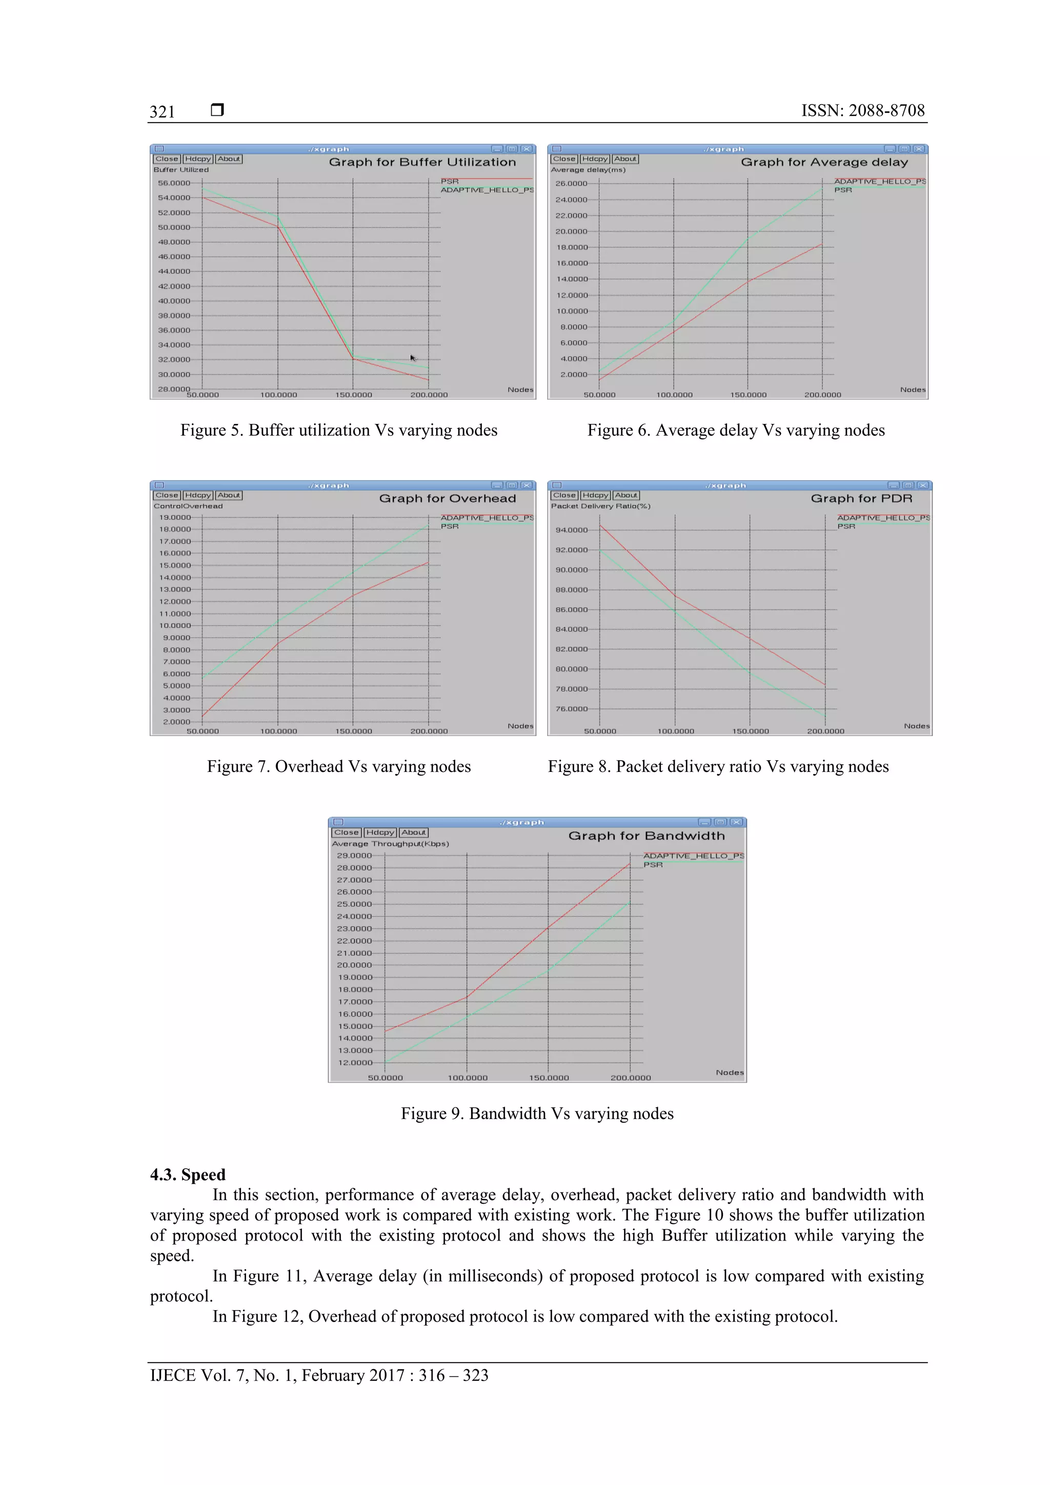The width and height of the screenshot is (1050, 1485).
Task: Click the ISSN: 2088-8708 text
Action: (x=862, y=111)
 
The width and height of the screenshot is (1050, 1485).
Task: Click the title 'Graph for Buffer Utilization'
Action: (x=422, y=162)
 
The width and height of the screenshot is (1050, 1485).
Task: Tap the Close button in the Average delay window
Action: (x=563, y=159)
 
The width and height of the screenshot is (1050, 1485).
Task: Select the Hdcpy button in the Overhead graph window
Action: (x=198, y=496)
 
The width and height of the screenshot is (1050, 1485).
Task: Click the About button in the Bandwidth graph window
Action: (x=413, y=833)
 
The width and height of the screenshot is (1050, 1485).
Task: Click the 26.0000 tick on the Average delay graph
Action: (x=571, y=184)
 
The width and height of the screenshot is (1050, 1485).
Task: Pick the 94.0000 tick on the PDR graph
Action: (x=572, y=531)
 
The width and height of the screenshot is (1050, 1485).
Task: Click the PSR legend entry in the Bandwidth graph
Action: (x=653, y=865)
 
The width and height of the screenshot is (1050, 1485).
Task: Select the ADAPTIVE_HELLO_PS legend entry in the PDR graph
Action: (x=883, y=518)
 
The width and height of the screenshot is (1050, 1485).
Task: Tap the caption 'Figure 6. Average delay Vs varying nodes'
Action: (x=736, y=431)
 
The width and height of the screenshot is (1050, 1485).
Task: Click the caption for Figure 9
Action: (x=537, y=1114)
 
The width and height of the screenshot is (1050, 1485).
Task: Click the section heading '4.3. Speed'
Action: (x=188, y=1174)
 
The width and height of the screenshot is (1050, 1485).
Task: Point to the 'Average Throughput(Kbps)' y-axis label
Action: (x=390, y=844)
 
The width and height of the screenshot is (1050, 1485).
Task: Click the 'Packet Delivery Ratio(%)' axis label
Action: (x=600, y=506)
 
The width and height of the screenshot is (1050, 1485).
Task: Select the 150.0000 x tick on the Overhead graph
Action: (x=353, y=731)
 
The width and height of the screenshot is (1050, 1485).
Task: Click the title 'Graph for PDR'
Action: (x=861, y=499)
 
